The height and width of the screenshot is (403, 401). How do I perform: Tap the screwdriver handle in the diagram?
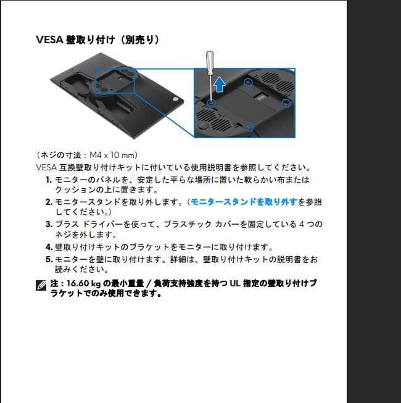click(209, 62)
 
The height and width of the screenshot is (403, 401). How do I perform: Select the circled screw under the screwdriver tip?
click(211, 103)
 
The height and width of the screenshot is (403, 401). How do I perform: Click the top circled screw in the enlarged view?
click(248, 81)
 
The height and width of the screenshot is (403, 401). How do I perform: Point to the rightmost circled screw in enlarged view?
click(285, 101)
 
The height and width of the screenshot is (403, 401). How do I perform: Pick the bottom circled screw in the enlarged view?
click(249, 126)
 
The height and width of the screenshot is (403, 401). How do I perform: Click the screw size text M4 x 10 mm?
click(113, 154)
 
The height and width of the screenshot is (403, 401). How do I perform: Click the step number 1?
click(48, 180)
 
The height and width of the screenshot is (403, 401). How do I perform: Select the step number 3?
click(48, 225)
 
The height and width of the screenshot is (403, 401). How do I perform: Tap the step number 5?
click(48, 259)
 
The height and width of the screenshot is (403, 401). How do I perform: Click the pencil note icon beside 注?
click(41, 285)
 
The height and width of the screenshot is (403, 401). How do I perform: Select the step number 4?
click(48, 247)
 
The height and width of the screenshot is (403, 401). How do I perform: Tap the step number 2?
click(48, 202)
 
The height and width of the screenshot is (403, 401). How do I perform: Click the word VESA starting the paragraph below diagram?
click(47, 167)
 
